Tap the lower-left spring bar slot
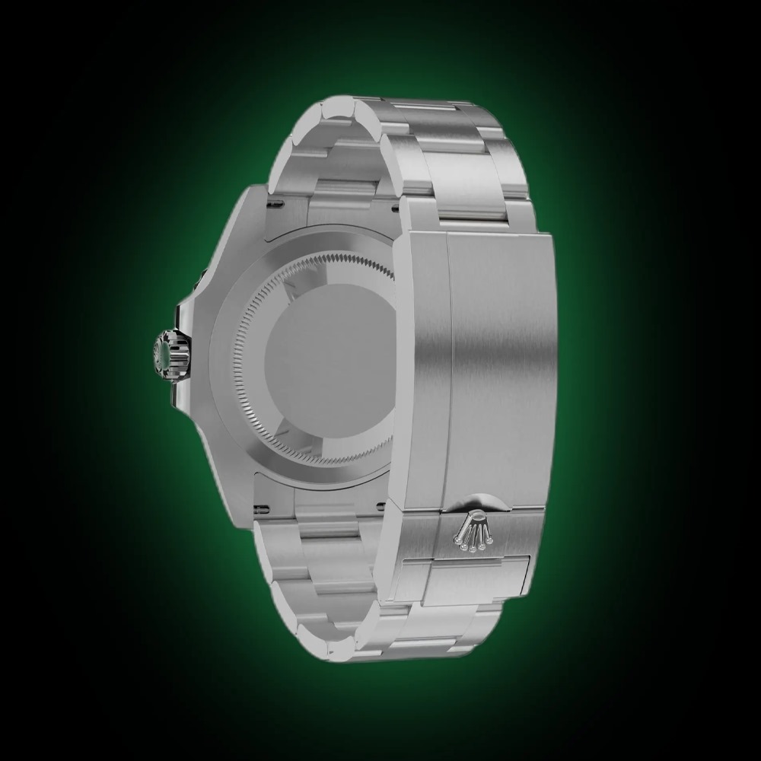[x=263, y=507]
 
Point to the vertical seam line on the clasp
[x=450, y=365]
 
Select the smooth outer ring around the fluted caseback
[x=228, y=358]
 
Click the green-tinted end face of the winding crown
[x=162, y=352]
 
